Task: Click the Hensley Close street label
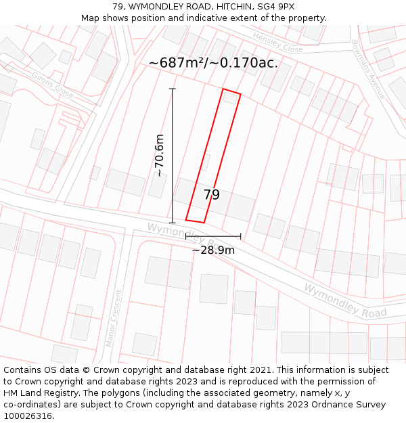tap(277, 44)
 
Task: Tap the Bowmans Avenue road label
tap(368, 69)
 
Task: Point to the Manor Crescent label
tap(114, 318)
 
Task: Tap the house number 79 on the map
tap(212, 195)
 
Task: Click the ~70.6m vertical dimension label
tap(160, 156)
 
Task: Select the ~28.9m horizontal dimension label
tap(213, 250)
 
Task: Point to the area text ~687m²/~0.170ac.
tap(213, 63)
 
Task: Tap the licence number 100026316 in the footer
tap(27, 416)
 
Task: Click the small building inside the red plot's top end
tap(230, 98)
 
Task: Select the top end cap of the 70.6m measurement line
tap(173, 89)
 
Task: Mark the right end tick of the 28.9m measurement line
tap(240, 236)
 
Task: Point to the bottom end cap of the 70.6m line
tap(173, 223)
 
